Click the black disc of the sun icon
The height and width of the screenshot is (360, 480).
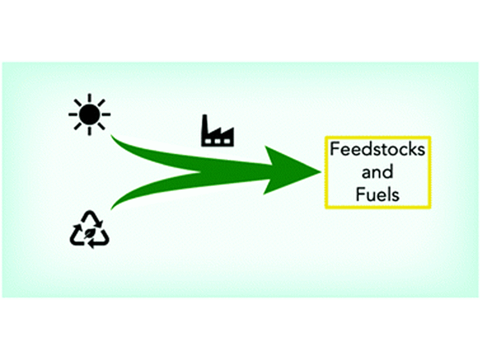pyautogui.click(x=90, y=114)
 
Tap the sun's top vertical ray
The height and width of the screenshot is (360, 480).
pyautogui.click(x=90, y=98)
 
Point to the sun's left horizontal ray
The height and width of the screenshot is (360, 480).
pyautogui.click(x=73, y=114)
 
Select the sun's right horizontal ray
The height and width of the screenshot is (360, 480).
pyautogui.click(x=106, y=114)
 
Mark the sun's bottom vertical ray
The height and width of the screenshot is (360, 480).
pyautogui.click(x=90, y=131)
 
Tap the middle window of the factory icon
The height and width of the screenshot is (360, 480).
pyautogui.click(x=218, y=141)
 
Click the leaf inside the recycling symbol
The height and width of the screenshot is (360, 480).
pyautogui.click(x=89, y=234)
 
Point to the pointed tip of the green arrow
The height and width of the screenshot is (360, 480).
pyautogui.click(x=320, y=172)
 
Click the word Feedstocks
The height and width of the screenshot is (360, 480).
pyautogui.click(x=378, y=150)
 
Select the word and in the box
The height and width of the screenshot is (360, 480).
pyautogui.click(x=378, y=172)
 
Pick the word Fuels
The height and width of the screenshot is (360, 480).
pyautogui.click(x=378, y=194)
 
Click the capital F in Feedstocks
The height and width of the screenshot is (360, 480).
pyautogui.click(x=334, y=150)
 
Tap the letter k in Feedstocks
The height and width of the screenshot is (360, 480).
pyautogui.click(x=409, y=149)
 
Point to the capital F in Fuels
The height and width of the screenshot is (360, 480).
pyautogui.click(x=360, y=194)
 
